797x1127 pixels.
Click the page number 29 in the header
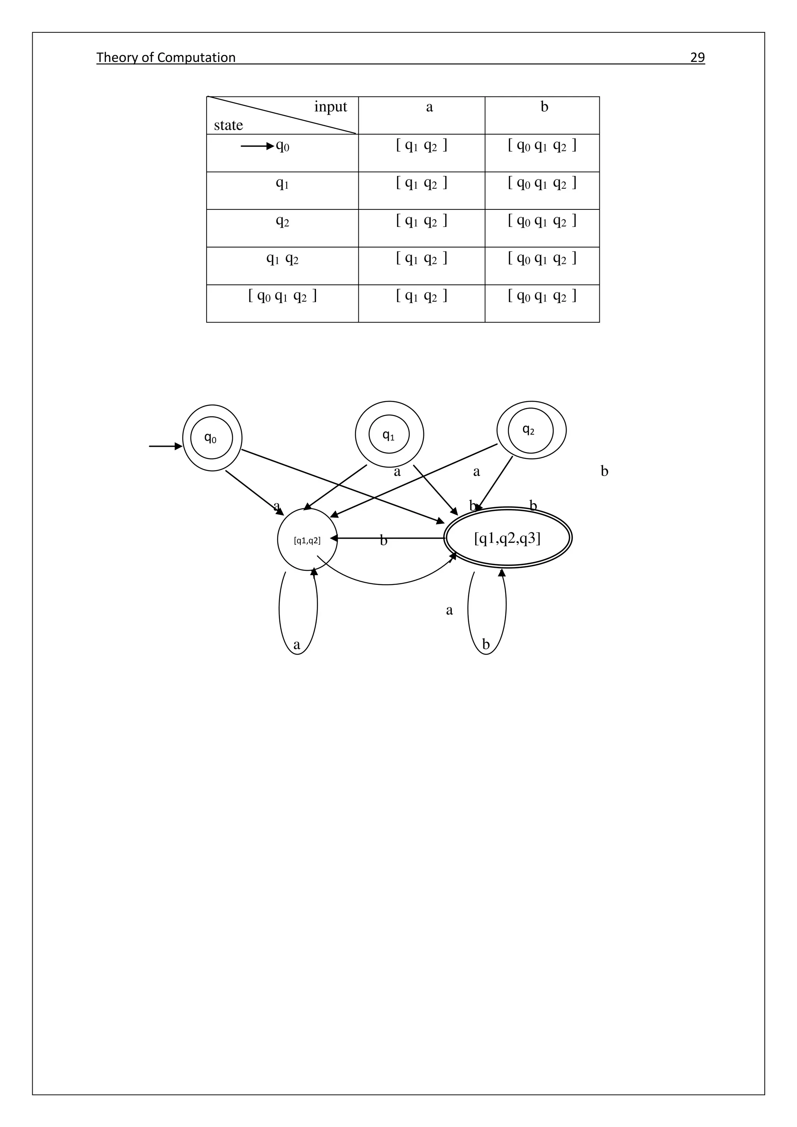[697, 58]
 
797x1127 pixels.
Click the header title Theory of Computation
[166, 58]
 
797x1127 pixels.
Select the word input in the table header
[330, 107]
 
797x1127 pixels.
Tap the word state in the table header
[228, 125]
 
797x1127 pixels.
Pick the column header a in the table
[429, 107]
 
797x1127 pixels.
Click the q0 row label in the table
[282, 146]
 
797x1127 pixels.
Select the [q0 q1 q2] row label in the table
[282, 296]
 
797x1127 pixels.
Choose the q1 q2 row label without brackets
[282, 258]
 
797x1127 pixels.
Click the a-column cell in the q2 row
[421, 221]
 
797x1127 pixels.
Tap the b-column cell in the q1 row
[542, 183]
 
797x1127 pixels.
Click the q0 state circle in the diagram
[212, 437]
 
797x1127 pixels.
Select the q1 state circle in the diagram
[389, 434]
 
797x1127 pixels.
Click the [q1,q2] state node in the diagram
[307, 540]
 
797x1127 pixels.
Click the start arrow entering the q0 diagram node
[165, 446]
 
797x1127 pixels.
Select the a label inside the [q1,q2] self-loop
[297, 644]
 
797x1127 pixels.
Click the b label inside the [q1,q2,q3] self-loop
[486, 644]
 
